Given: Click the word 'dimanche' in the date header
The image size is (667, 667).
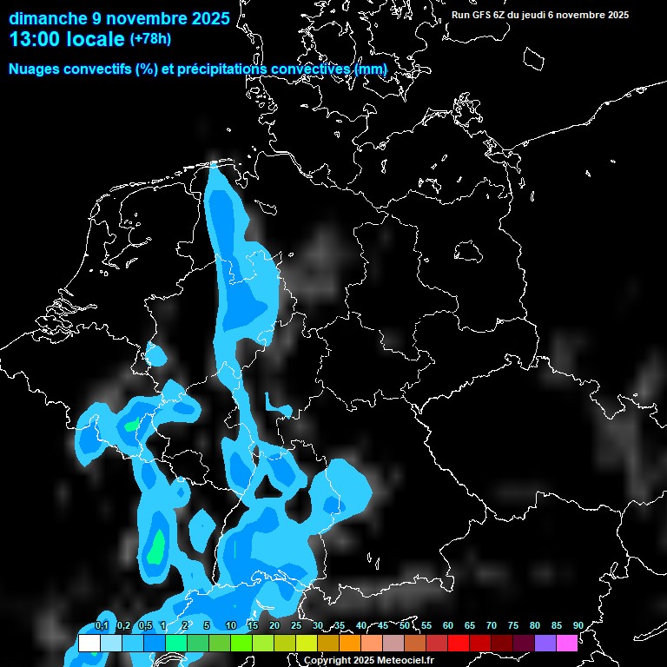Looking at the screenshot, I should tap(43, 18).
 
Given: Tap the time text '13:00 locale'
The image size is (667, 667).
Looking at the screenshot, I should tap(67, 40).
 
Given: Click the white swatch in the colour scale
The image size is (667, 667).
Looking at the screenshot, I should tap(89, 644).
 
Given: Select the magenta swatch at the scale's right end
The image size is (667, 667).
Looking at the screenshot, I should tap(566, 644).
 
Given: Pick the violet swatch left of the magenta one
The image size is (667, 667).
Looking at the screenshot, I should tap(545, 644).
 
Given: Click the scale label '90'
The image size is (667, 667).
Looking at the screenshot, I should tap(578, 626).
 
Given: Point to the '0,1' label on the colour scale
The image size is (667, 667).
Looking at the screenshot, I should tap(102, 626).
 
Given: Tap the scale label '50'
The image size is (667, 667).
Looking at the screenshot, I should tap(405, 626).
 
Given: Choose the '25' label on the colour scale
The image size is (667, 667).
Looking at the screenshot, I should tap(296, 626).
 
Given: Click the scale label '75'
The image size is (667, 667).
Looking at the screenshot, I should tap(513, 626).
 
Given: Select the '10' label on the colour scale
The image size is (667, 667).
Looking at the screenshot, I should tap(230, 626).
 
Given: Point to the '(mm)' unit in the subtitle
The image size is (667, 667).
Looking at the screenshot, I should tap(372, 69).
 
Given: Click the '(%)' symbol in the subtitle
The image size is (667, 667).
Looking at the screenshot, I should tap(146, 69).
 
